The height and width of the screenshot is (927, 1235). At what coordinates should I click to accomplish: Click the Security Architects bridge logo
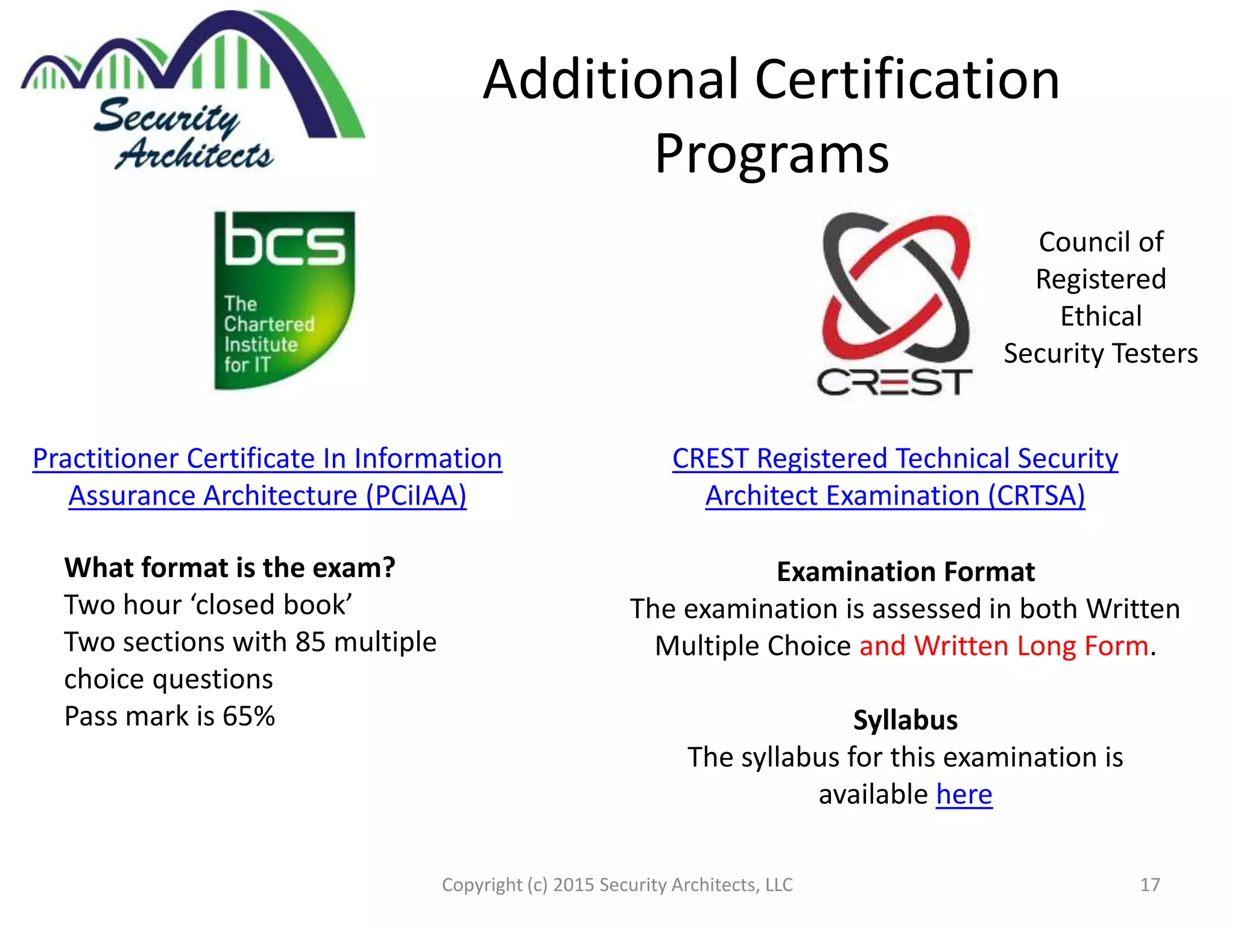192,91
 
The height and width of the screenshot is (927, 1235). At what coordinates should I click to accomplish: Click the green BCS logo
284,300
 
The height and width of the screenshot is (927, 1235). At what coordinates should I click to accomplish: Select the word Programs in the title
771,154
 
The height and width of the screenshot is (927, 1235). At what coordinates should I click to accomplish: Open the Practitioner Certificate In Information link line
267,459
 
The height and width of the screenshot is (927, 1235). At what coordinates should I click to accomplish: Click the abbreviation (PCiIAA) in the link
416,496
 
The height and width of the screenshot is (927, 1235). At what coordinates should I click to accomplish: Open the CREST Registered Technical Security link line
895,459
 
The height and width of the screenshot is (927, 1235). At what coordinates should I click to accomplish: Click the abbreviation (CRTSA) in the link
1036,496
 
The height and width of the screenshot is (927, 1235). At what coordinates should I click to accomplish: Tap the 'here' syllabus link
964,794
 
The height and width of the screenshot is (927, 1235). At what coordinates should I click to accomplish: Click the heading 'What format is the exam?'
230,568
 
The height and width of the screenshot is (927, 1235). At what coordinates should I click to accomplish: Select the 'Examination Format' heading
905,572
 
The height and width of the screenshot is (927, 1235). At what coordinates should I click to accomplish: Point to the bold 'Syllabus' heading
905,720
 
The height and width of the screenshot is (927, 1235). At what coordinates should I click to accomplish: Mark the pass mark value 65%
248,717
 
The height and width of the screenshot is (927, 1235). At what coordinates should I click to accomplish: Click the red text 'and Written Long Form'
1003,646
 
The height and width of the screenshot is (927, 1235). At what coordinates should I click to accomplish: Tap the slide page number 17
1150,885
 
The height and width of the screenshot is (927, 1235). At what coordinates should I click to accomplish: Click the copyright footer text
617,885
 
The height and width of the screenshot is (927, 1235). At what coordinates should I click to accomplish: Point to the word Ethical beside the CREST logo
1101,316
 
